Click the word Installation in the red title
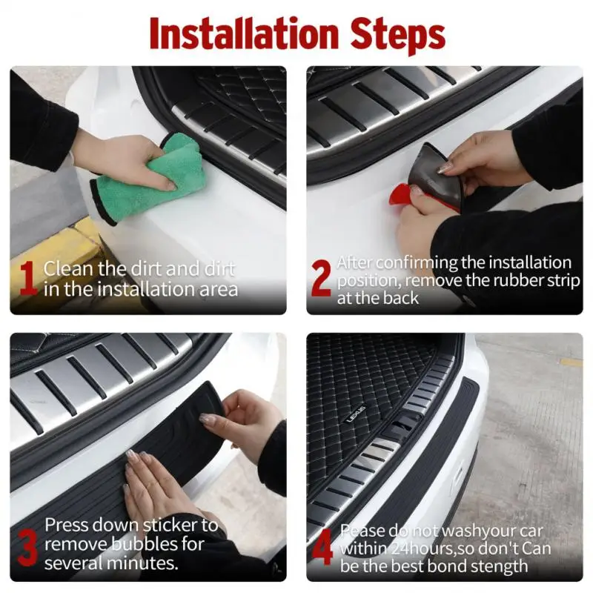pos(244,34)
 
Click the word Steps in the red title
pos(397,36)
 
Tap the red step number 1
pos(28,279)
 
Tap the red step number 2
pos(321,279)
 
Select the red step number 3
pos(27,547)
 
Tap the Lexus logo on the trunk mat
pos(356,414)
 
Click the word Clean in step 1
pos(68,269)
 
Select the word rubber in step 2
pos(520,281)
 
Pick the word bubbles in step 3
pos(144,544)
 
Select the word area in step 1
pos(219,289)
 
